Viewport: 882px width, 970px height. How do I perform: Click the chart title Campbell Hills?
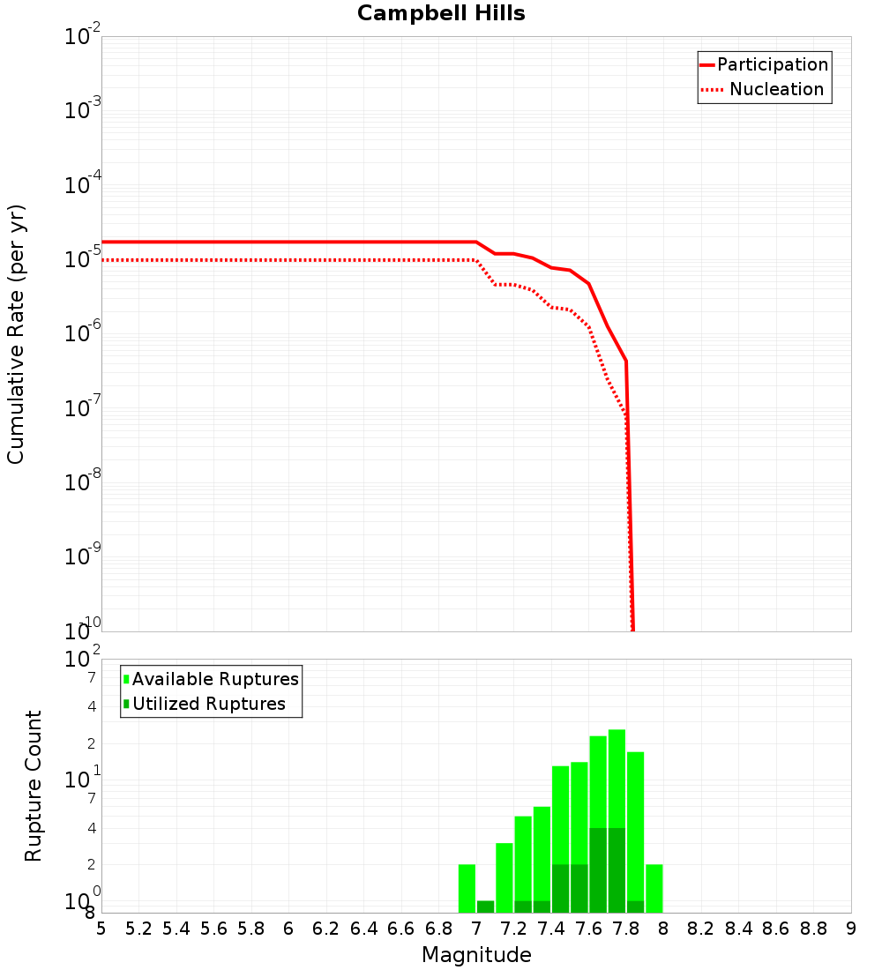click(441, 14)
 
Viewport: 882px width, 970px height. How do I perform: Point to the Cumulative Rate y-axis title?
click(16, 334)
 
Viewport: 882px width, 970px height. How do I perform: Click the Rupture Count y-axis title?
click(34, 786)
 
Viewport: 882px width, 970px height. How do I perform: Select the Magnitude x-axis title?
click(476, 955)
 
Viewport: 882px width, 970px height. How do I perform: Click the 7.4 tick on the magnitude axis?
click(551, 929)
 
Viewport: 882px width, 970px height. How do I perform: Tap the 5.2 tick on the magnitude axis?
click(138, 929)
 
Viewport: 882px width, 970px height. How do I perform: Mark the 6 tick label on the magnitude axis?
click(288, 929)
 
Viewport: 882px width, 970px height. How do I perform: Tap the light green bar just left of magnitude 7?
click(467, 888)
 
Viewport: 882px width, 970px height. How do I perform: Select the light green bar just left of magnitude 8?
click(654, 888)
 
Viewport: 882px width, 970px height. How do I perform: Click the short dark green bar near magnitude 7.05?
click(485, 907)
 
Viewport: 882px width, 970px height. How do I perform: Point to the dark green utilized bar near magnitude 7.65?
click(598, 869)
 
